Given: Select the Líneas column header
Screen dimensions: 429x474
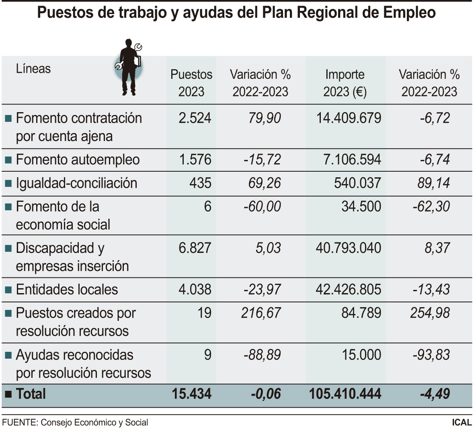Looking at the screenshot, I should coord(33,69).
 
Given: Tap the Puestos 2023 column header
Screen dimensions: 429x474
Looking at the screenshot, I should coord(191,83).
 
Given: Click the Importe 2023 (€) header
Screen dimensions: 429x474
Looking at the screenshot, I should coord(345,83).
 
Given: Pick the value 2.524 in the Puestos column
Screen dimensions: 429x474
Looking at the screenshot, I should coord(195,118).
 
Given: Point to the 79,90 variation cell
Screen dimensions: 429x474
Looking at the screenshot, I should coord(265,118).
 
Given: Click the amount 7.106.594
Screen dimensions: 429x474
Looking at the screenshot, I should coord(352,160).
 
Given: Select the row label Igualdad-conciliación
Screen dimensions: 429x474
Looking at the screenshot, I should coord(76,183).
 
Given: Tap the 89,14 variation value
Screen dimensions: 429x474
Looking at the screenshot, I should coord(433,183).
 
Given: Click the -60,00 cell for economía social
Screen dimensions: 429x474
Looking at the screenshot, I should coord(262,207).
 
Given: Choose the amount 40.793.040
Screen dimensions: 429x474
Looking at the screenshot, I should coord(348,248).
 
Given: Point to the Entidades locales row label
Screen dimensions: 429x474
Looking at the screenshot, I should coord(67,289).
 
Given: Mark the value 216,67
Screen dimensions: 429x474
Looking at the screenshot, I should coord(261,313).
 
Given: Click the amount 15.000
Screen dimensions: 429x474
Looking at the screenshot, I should coord(361,355).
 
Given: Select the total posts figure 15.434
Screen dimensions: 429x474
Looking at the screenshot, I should coord(191,394).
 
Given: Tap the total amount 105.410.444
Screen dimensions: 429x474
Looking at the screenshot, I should coord(345,394).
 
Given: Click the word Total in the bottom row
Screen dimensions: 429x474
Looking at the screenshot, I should coord(31,394).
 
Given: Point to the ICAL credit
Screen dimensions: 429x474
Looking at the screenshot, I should coord(462,422).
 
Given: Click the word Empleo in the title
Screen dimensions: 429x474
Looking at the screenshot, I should coord(409,12).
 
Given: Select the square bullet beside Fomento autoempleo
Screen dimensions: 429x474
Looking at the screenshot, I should coord(8,160).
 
